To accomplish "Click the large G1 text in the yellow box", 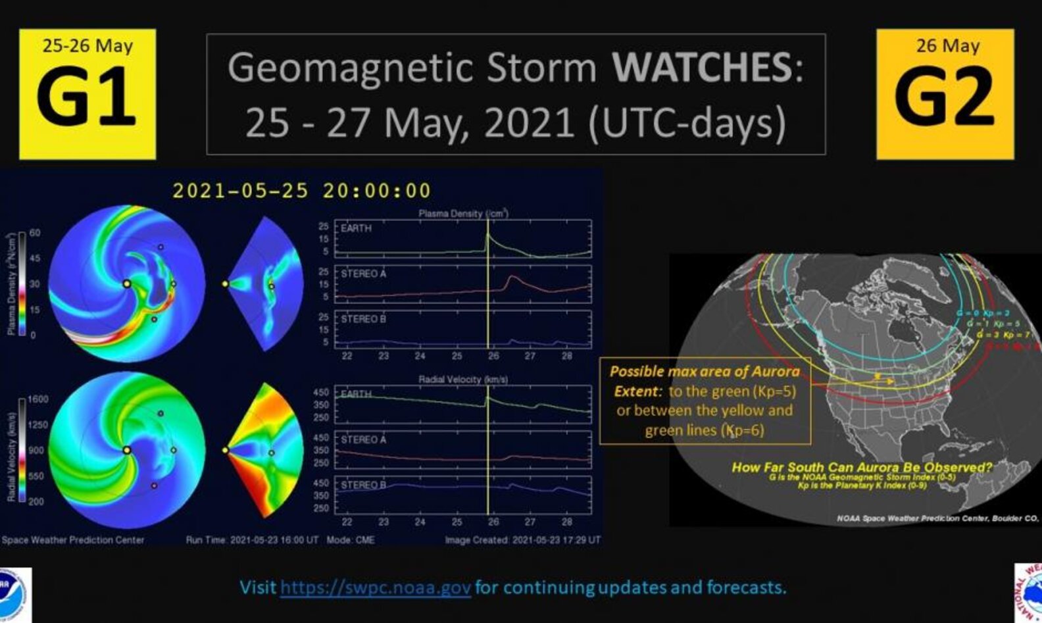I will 86,97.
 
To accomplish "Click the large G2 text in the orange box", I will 945,97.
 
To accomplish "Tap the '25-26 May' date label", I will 87,46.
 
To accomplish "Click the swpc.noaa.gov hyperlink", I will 375,587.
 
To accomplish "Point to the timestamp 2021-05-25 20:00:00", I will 301,191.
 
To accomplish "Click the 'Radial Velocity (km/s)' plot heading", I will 462,380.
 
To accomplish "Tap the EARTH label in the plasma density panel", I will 356,228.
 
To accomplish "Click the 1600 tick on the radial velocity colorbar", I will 37,399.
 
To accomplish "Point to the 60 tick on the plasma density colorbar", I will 34,233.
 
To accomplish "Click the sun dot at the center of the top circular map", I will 127,284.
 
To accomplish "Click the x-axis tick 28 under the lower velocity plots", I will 566,522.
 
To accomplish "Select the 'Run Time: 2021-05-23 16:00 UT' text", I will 252,539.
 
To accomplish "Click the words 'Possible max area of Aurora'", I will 705,371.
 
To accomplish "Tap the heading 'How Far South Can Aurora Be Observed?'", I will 862,467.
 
